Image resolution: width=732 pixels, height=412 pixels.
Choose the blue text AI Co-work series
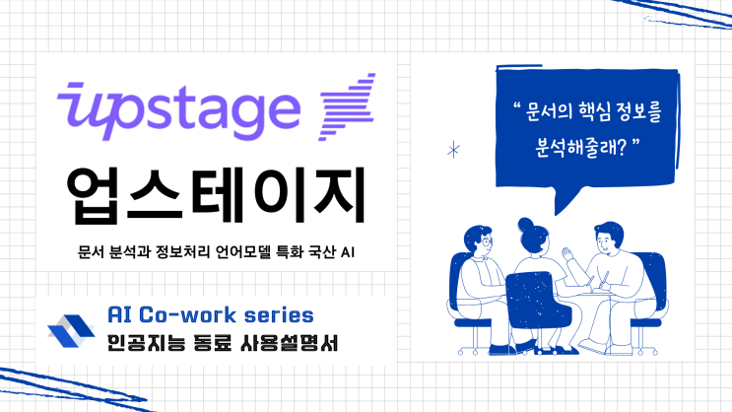pos(209,315)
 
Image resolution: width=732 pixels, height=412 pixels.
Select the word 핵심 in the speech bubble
pos(593,112)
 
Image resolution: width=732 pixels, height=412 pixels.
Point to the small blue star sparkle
pos(453,150)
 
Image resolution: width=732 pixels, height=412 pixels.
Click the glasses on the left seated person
pos(486,239)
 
